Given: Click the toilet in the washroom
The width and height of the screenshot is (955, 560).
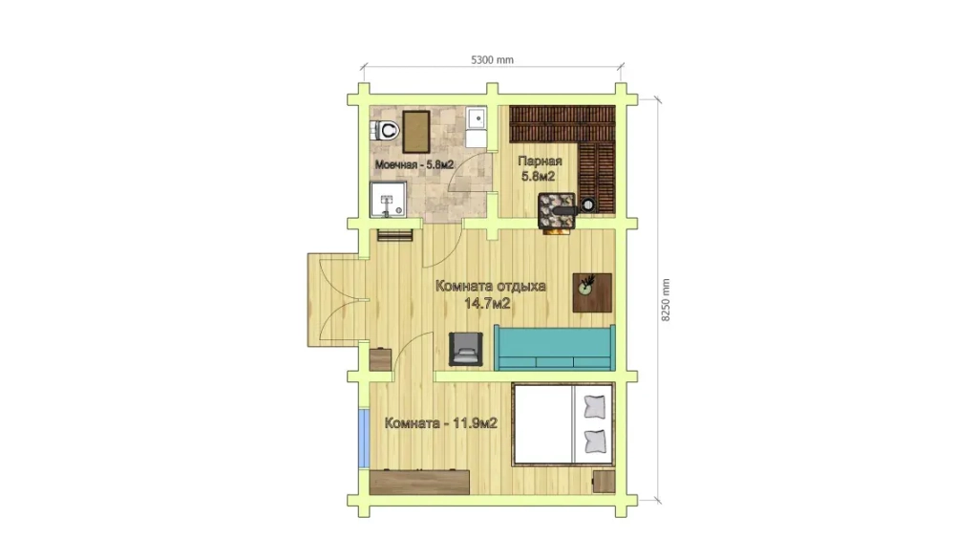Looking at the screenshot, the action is click(x=385, y=130).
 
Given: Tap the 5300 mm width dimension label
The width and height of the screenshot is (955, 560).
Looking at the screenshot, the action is click(x=492, y=59).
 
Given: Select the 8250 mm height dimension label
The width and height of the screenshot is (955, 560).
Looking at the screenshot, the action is click(x=665, y=300).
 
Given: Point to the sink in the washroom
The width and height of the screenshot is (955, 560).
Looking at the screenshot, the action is click(x=477, y=118).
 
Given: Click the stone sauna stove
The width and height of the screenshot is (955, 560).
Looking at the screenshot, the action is click(x=556, y=211).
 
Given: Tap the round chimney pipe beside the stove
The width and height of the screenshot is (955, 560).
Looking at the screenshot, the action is click(x=587, y=205).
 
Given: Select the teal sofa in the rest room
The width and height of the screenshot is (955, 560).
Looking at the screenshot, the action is click(x=554, y=347).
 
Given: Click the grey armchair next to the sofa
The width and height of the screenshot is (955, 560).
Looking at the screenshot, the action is click(x=466, y=349).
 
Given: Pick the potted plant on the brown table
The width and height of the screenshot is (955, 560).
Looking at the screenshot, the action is click(x=587, y=285).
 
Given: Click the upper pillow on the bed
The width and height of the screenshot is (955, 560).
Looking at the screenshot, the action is click(x=595, y=406).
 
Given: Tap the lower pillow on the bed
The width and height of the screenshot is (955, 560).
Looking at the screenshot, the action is click(x=595, y=441).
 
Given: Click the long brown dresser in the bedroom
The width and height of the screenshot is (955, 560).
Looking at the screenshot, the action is click(x=419, y=482).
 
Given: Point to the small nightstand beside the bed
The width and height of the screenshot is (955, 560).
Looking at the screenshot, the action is click(x=604, y=482).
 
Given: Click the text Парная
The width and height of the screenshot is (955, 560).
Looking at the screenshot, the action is click(x=540, y=161).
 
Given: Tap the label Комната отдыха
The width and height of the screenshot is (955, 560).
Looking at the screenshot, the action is click(x=490, y=286).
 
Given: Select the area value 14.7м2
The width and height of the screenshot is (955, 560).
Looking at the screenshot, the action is click(x=487, y=304).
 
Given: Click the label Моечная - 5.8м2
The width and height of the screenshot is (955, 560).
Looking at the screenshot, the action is click(x=414, y=164).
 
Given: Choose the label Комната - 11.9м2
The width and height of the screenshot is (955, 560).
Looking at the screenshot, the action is click(x=441, y=423).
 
